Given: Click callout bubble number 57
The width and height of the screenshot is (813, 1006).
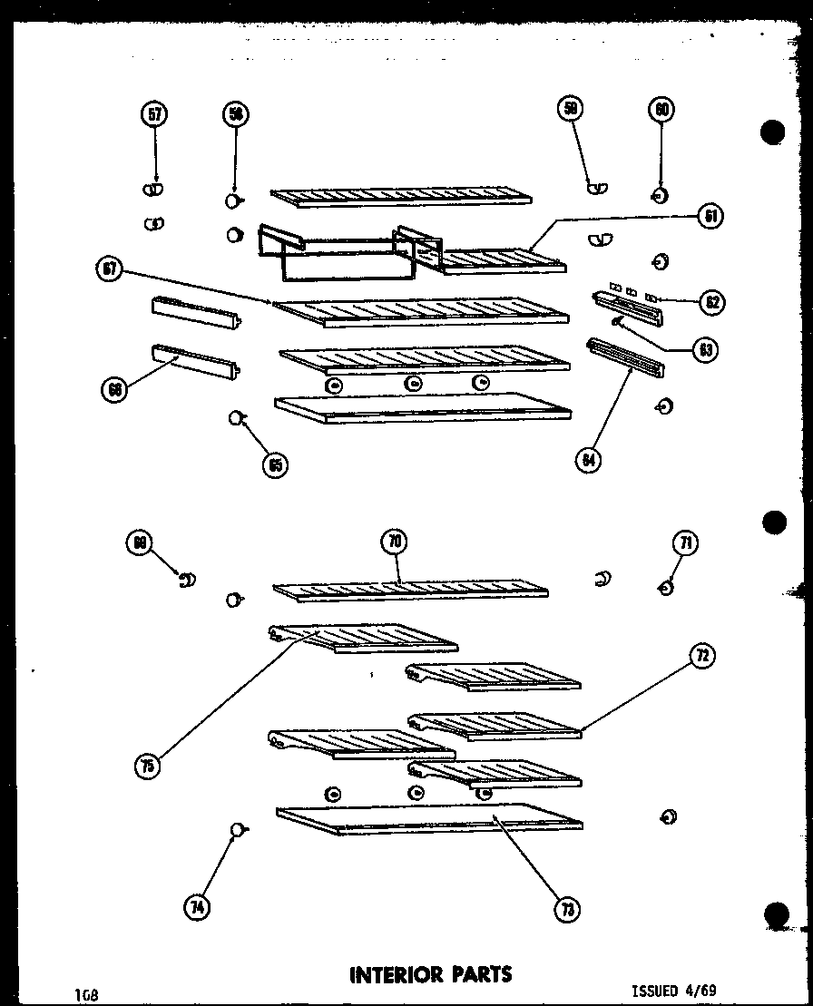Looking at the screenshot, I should [155, 113].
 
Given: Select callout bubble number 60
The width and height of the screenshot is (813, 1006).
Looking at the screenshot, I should [660, 110].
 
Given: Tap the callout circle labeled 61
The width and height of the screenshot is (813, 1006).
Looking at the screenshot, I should [710, 217].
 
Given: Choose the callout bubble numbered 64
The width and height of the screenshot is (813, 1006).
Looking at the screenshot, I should [589, 460].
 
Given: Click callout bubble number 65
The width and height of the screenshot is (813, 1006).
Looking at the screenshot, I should [274, 464].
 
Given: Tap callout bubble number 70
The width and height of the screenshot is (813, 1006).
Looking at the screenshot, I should [394, 542].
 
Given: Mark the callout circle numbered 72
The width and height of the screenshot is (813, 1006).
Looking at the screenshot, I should [702, 656].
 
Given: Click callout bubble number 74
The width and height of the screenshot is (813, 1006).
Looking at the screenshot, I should [196, 907].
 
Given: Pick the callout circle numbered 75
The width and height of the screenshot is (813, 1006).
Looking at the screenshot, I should [147, 767].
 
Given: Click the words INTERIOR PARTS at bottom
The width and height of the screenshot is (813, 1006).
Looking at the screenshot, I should [430, 974].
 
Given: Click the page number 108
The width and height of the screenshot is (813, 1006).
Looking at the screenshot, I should [87, 995].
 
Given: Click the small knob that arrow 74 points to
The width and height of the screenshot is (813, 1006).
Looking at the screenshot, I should [237, 828].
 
